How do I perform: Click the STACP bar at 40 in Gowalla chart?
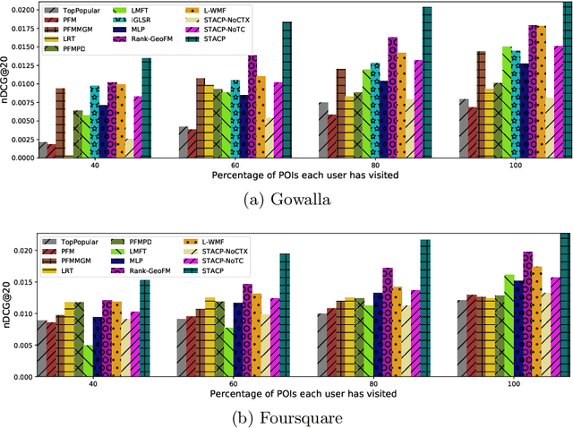[146, 108]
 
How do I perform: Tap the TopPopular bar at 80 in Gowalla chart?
[323, 130]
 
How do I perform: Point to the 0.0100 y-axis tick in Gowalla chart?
[19, 84]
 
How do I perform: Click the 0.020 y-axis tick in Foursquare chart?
[21, 250]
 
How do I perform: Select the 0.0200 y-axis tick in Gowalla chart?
[19, 9]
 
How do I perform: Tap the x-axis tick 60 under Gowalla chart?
[234, 165]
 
